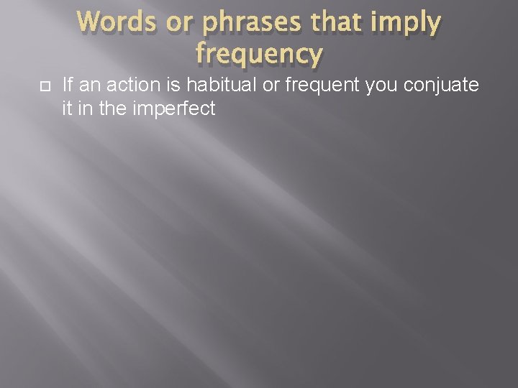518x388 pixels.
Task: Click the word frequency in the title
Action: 259,54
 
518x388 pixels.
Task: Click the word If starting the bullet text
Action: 68,86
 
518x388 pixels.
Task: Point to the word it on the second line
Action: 67,109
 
